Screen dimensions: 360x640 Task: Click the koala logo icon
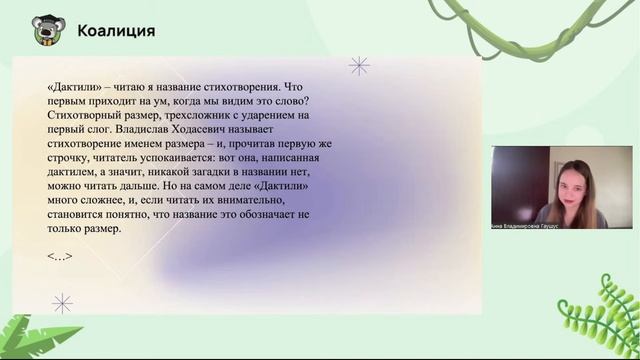(44, 30)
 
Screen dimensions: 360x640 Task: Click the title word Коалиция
(116, 31)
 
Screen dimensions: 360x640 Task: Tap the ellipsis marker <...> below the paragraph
(60, 256)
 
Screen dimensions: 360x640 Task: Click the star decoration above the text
(359, 66)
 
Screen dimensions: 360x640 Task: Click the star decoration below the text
(62, 303)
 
